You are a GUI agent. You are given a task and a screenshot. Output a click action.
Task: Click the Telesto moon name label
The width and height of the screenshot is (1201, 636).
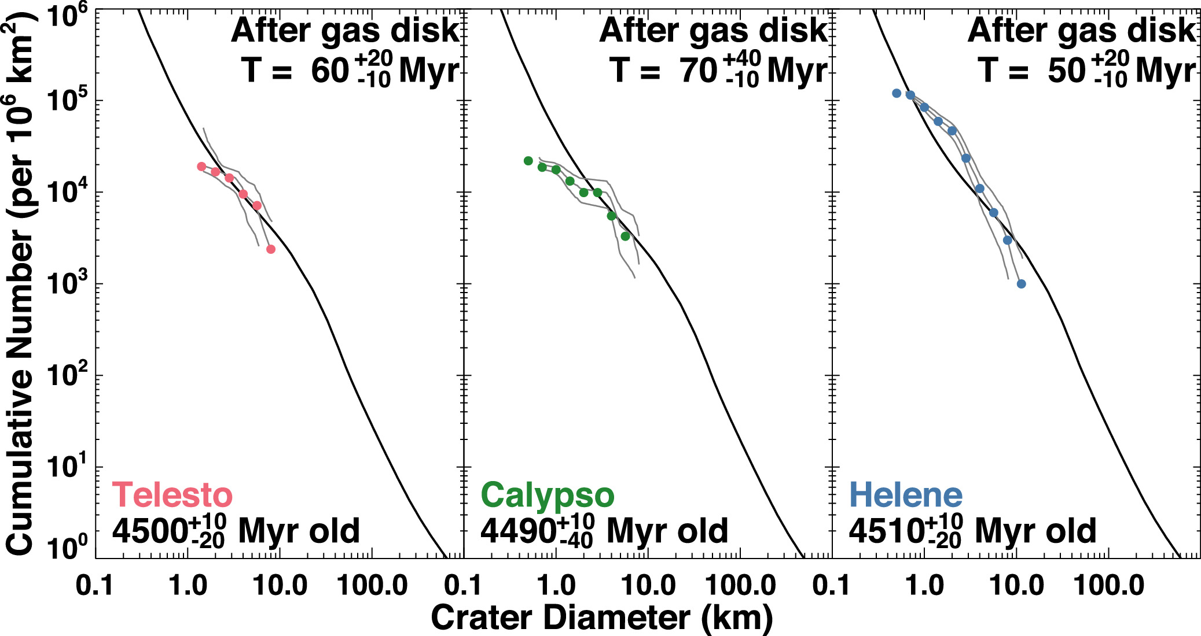(x=172, y=496)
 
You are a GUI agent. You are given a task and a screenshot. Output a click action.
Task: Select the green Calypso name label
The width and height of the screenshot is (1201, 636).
(x=547, y=496)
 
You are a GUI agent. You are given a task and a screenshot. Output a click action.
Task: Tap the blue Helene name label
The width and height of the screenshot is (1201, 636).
(x=906, y=496)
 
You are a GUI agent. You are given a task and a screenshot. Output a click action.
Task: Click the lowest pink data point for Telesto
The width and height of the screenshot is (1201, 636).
(x=270, y=249)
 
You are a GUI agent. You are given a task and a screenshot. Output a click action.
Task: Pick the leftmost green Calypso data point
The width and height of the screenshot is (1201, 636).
(x=528, y=161)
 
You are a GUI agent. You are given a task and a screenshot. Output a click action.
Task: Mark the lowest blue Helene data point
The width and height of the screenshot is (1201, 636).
(x=1021, y=284)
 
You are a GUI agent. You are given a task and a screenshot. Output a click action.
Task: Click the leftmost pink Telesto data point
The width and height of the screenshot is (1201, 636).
(x=201, y=167)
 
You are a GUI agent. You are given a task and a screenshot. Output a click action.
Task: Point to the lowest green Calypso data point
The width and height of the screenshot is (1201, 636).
(x=625, y=236)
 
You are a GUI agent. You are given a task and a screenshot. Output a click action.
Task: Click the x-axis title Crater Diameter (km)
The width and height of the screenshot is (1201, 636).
(x=602, y=618)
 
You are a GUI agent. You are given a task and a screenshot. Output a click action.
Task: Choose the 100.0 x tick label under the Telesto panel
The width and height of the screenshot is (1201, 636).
(x=372, y=586)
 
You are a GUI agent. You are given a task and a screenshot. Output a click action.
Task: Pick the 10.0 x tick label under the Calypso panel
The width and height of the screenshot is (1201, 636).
(x=648, y=586)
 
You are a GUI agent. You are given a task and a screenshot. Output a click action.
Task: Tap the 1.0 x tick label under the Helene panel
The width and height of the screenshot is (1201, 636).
(x=924, y=586)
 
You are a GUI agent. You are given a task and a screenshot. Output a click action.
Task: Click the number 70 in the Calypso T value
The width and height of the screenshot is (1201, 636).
(x=699, y=71)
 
